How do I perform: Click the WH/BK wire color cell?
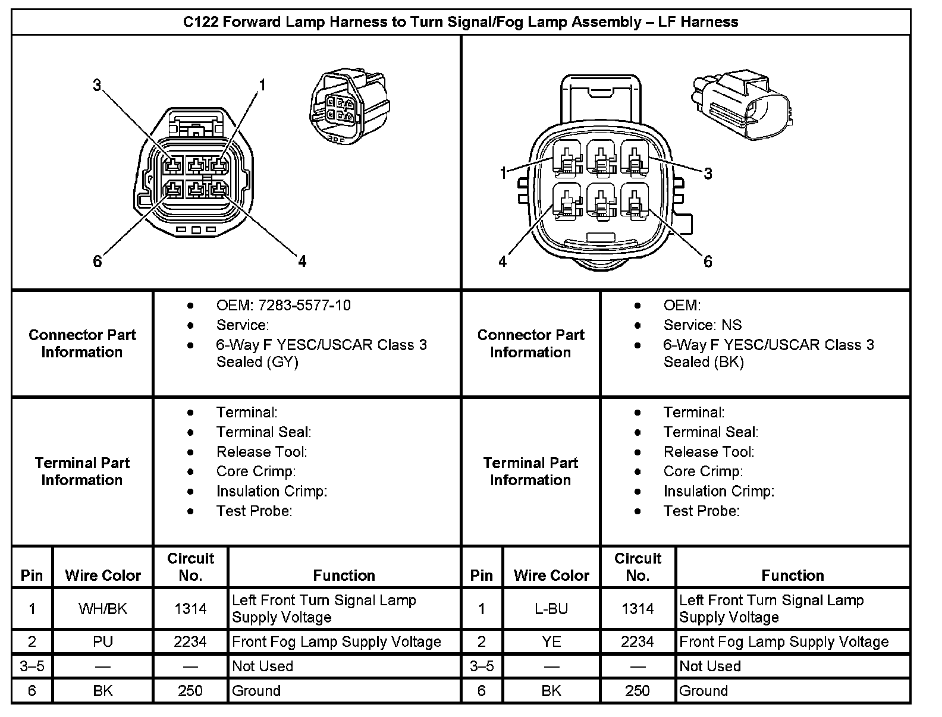click(103, 609)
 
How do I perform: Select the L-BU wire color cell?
click(551, 609)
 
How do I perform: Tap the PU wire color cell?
click(103, 642)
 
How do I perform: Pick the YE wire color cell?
click(551, 642)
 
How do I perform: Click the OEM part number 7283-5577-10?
click(283, 306)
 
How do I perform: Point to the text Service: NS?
click(702, 325)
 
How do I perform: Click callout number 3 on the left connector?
click(97, 86)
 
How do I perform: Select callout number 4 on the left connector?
click(302, 261)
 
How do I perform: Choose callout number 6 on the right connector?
click(708, 262)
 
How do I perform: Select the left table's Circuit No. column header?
click(190, 567)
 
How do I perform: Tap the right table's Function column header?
click(793, 576)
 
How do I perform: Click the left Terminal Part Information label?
click(82, 471)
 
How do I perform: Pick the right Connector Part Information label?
click(530, 344)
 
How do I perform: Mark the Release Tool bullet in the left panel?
click(262, 452)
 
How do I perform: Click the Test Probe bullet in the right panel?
click(702, 511)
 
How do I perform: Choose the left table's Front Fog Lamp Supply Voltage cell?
click(337, 642)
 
